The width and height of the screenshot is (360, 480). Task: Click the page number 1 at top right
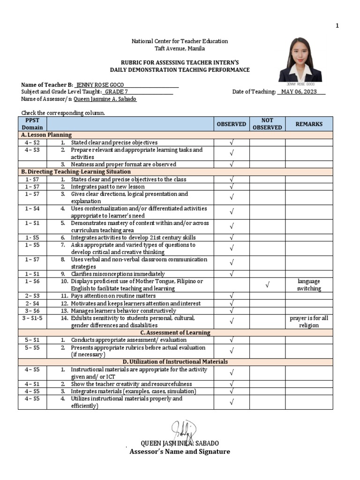(x=337, y=25)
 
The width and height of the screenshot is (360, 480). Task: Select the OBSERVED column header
(x=231, y=124)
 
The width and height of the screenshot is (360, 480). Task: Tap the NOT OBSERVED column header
(x=267, y=124)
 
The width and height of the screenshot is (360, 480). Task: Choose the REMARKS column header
(x=309, y=124)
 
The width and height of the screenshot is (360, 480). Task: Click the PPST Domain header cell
(x=32, y=124)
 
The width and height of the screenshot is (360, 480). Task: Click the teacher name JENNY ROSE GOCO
(x=100, y=85)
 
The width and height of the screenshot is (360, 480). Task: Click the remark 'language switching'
(x=309, y=285)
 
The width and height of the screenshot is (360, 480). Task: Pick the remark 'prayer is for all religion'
(x=309, y=322)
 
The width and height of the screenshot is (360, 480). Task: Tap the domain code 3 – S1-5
(x=32, y=318)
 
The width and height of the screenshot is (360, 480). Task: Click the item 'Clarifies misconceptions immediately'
(x=118, y=274)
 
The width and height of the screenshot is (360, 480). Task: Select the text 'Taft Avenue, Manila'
(x=180, y=48)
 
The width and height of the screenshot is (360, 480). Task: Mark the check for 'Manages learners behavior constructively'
(x=231, y=311)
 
